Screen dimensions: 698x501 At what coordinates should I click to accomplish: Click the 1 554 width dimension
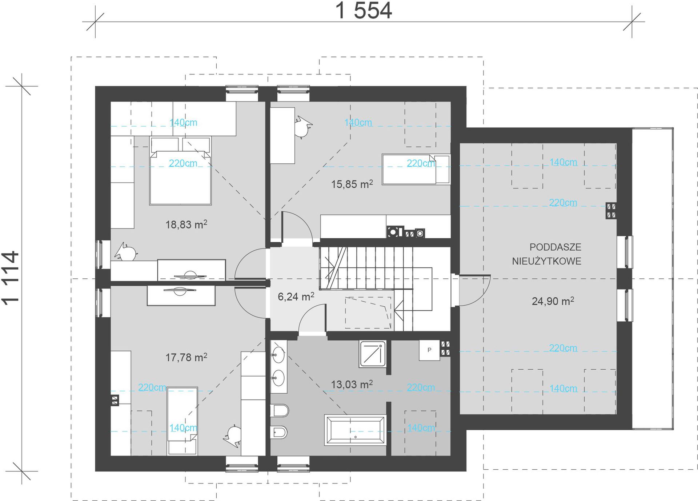click(364, 11)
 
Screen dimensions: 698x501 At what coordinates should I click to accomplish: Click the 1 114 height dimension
click(10, 278)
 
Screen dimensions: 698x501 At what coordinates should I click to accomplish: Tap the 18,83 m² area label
click(186, 224)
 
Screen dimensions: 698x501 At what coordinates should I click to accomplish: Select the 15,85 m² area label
click(352, 184)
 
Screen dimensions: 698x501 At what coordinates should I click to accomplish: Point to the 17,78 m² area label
click(186, 357)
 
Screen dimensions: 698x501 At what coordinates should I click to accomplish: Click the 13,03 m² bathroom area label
click(352, 384)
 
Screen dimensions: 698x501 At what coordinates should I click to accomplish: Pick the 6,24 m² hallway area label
click(296, 296)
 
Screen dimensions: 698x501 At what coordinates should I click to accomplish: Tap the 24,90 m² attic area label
click(553, 301)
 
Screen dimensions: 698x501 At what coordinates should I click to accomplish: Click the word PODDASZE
click(555, 247)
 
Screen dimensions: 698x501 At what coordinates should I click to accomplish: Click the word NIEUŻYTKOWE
click(547, 261)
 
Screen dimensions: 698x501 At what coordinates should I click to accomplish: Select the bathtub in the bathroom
click(356, 430)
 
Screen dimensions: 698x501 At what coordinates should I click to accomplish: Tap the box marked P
click(429, 350)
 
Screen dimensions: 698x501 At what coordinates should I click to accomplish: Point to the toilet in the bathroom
click(280, 411)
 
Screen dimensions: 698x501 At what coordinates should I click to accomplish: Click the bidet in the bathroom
click(279, 432)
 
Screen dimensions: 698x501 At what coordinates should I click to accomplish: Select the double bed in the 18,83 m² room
click(180, 171)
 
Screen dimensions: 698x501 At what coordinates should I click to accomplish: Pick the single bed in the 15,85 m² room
click(416, 169)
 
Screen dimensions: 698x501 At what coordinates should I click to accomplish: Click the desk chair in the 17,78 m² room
click(233, 434)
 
